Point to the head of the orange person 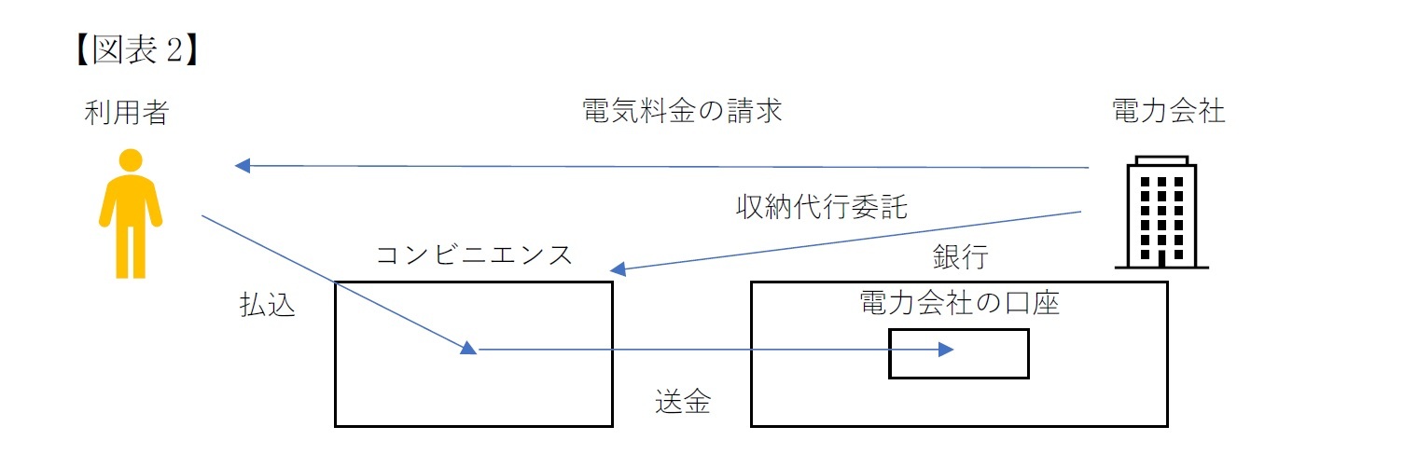[131, 159]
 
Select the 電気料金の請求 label [680, 113]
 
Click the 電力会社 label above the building [1169, 113]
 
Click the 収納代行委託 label [821, 207]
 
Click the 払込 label [268, 306]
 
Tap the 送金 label [683, 402]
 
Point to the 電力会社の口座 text [960, 304]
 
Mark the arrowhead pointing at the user [243, 166]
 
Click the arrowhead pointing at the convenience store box [617, 269]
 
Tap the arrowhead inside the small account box [946, 350]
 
